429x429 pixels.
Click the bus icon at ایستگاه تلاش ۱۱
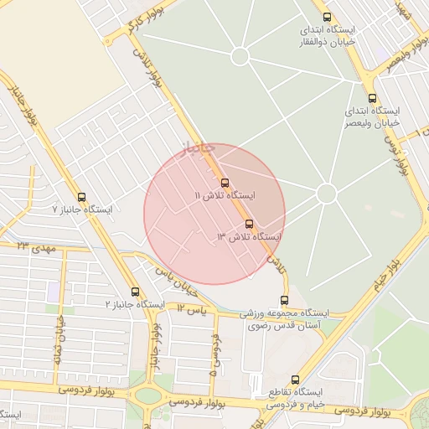click(224, 182)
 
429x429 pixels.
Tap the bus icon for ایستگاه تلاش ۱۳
click(249, 224)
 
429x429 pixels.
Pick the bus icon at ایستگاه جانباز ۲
click(136, 292)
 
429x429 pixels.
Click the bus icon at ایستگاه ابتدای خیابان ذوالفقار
click(327, 17)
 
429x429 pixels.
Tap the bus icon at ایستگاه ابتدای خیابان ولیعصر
click(372, 98)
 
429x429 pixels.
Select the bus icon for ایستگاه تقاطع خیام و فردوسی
click(295, 380)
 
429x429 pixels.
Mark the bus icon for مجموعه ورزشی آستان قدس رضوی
click(285, 300)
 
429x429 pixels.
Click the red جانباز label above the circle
click(199, 148)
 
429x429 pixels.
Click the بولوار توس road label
click(395, 155)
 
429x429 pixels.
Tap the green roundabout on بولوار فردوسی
click(148, 395)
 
